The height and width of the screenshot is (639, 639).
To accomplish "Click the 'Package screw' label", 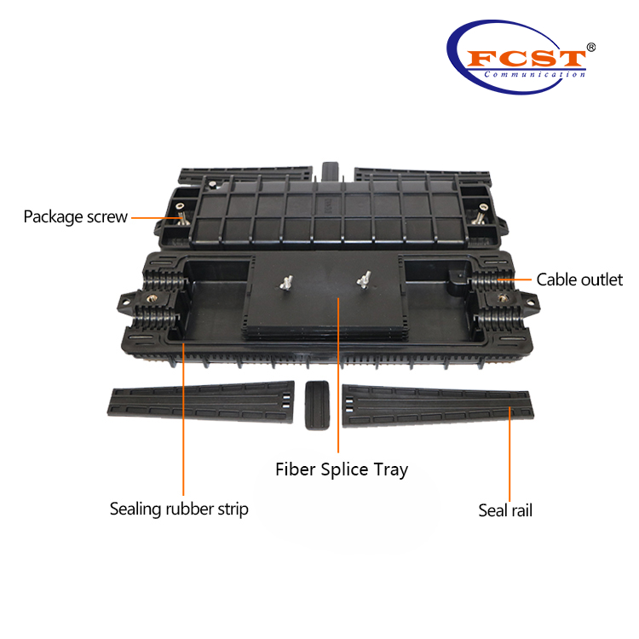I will [x=75, y=216].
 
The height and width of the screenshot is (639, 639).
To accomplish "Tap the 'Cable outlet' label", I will [x=579, y=279].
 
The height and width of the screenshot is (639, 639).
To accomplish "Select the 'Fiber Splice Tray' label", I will [x=341, y=469].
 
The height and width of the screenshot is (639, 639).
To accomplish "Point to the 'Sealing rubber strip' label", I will [x=179, y=509].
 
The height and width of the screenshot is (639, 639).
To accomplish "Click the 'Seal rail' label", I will [x=505, y=510].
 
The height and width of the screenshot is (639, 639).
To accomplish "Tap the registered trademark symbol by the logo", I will [x=591, y=47].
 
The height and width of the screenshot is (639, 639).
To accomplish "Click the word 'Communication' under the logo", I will [x=534, y=75].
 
